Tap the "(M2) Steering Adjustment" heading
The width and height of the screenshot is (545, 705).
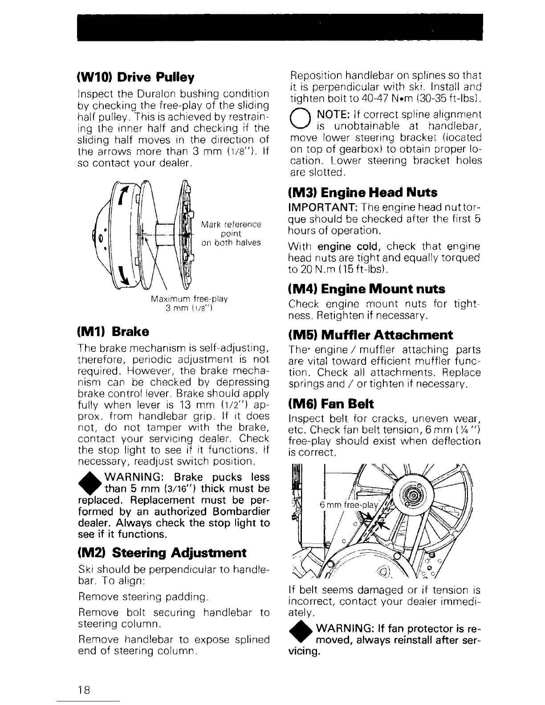pos(162,553)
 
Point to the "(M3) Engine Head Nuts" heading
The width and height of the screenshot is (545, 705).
pos(363,193)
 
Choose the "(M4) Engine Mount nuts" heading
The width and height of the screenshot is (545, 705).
pos(366,289)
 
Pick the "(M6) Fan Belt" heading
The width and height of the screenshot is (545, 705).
pos(331,404)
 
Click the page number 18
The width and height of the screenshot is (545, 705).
pos(84,690)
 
